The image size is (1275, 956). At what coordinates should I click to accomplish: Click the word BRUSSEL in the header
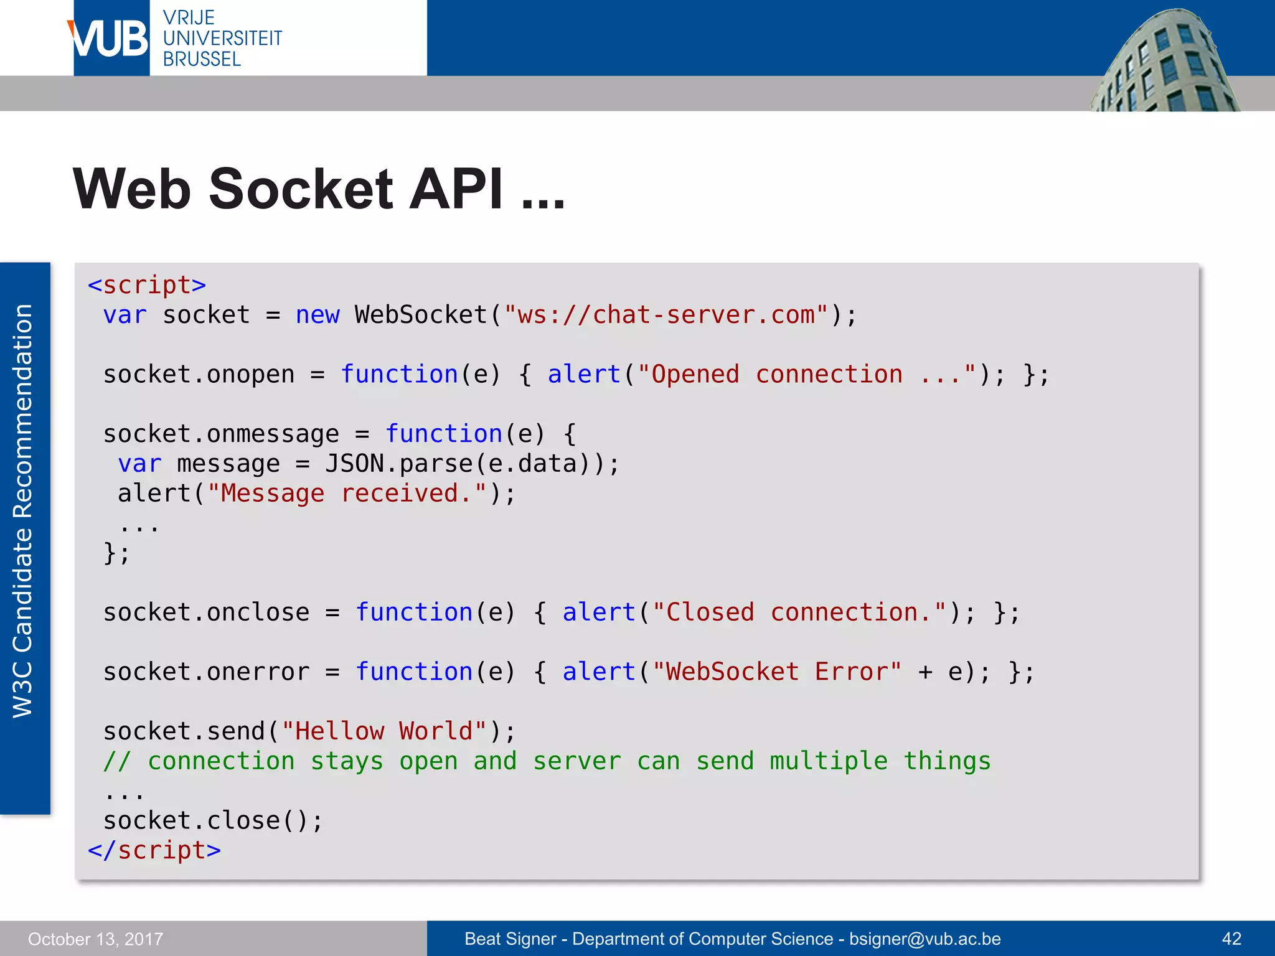202,59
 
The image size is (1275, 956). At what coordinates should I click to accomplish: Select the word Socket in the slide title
301,189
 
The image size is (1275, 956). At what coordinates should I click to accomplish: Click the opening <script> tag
147,285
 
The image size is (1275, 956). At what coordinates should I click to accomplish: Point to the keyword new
318,315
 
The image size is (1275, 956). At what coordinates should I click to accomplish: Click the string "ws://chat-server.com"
667,315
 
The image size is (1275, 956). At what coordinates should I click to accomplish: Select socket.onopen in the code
199,375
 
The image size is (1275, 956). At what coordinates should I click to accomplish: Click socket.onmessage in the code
221,434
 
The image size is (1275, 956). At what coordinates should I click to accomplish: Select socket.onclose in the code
206,612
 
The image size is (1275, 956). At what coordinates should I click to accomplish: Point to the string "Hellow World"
383,731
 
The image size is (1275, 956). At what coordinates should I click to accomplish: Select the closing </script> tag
154,851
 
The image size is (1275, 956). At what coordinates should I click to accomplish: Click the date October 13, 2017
95,939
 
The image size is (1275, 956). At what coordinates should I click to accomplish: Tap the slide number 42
1231,939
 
